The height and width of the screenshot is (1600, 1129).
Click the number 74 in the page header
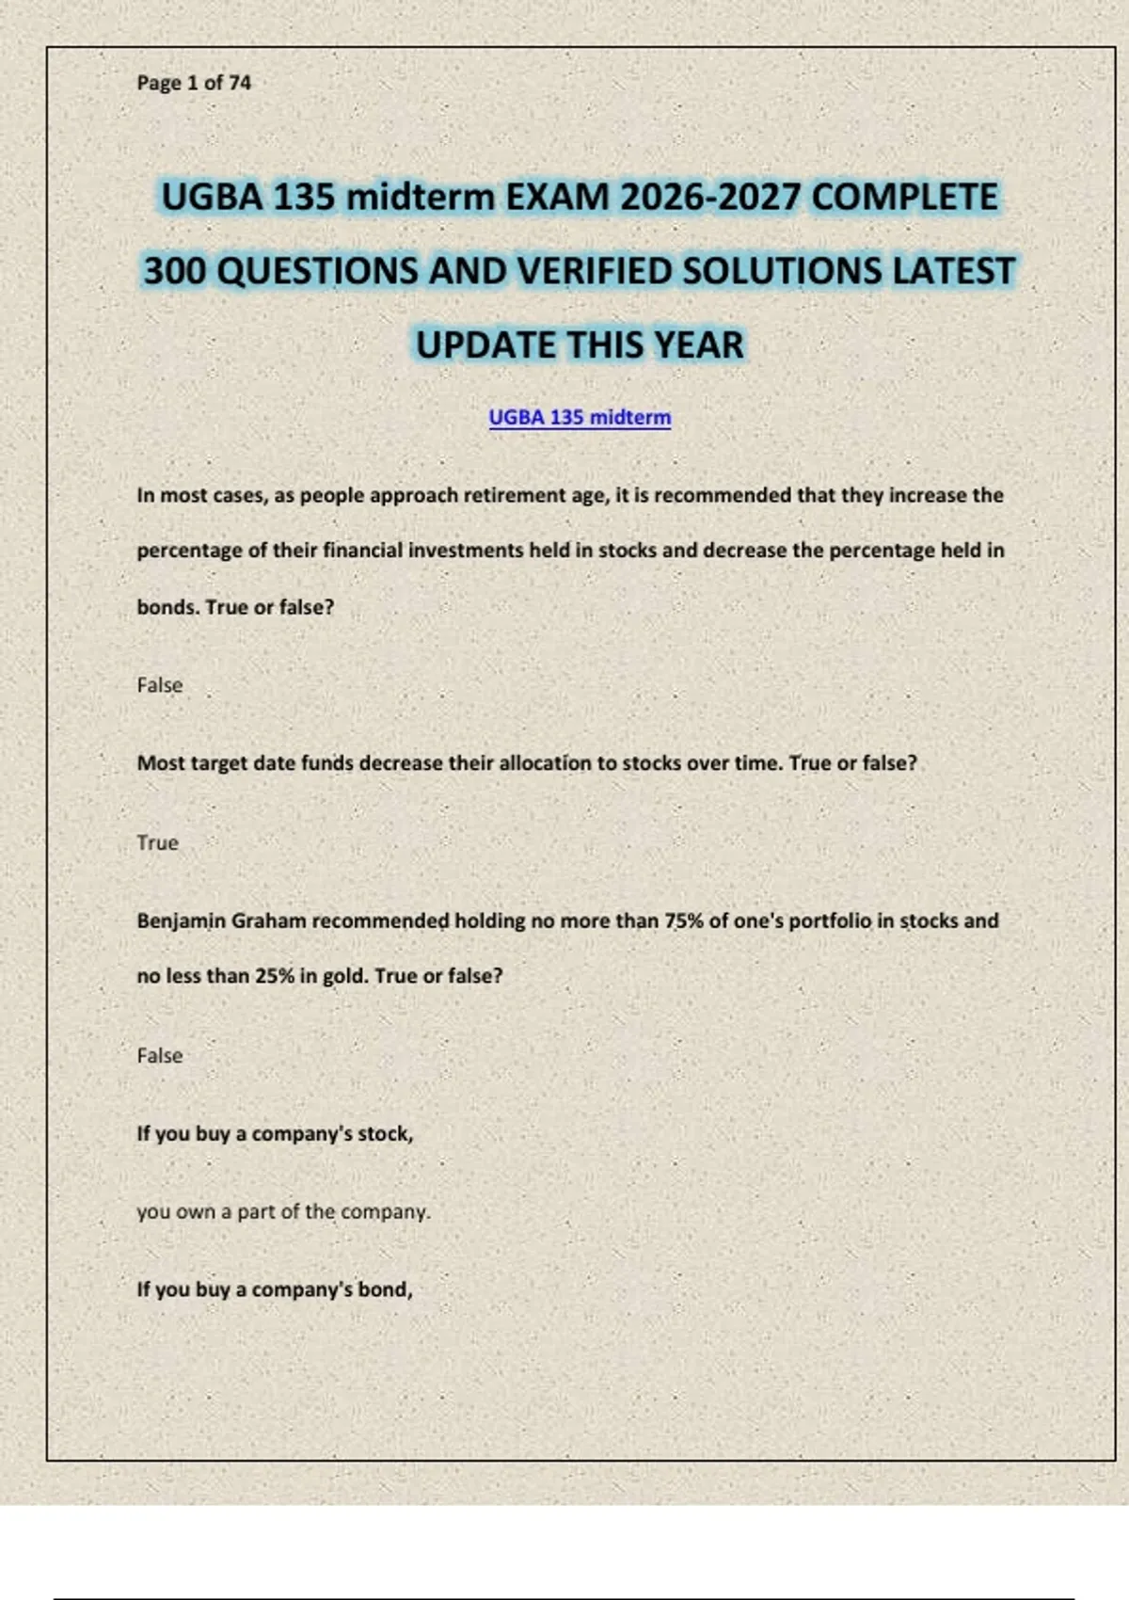coord(240,83)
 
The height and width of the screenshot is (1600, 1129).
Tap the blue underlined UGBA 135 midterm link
coord(580,417)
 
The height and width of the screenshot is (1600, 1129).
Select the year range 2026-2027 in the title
coord(711,198)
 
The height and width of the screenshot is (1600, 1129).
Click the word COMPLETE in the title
coord(904,198)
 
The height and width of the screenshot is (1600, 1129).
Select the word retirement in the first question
coord(503,495)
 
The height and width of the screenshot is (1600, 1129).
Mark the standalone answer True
coord(157,842)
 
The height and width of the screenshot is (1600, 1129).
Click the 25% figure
coord(275,976)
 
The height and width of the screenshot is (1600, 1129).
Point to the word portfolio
coord(830,920)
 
